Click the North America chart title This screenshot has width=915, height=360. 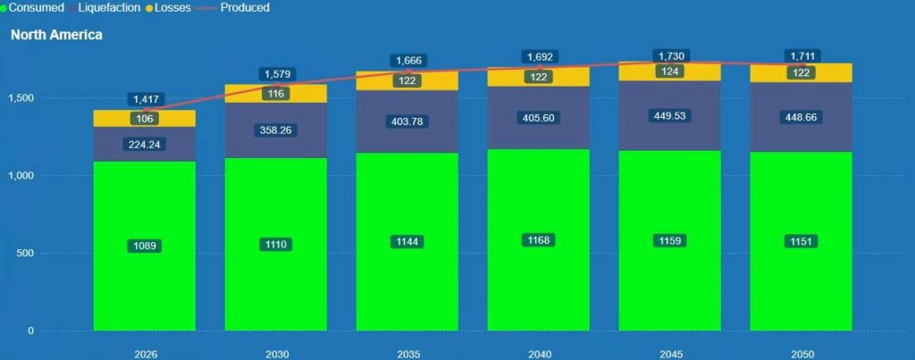pos(56,35)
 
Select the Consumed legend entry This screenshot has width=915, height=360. pos(36,7)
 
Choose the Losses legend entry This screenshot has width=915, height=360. pos(175,7)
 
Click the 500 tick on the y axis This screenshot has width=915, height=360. pos(24,254)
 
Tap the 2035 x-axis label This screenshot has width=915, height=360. pos(407,354)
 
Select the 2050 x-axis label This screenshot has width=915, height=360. pos(802,354)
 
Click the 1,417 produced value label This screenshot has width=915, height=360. pos(145,99)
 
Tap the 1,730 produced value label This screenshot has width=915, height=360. pos(670,55)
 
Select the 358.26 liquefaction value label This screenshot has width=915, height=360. pos(276,130)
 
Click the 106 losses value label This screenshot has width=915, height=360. pos(144,119)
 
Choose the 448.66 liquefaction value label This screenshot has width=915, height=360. pos(802,117)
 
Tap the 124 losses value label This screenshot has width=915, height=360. pos(670,71)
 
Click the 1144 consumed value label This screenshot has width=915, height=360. pos(407,241)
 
